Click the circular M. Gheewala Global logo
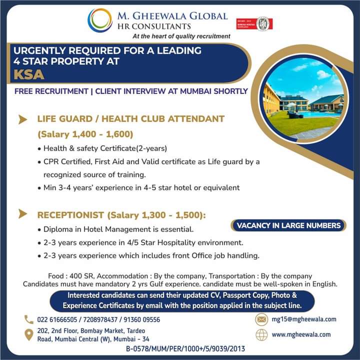pos(100,20)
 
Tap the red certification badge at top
pos(254,23)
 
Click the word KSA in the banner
pos(29,75)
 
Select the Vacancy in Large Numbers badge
pos(288,225)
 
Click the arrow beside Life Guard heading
pos(22,119)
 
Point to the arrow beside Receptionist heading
pos(22,214)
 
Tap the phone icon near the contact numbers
pos(28,319)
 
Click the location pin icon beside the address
pos(28,334)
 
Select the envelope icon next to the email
pos(261,319)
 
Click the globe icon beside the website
pos(261,334)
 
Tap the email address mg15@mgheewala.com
pos(303,319)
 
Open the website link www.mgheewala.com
pos(301,334)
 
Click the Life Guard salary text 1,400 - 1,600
pos(100,134)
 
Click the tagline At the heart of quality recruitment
pos(181,36)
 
